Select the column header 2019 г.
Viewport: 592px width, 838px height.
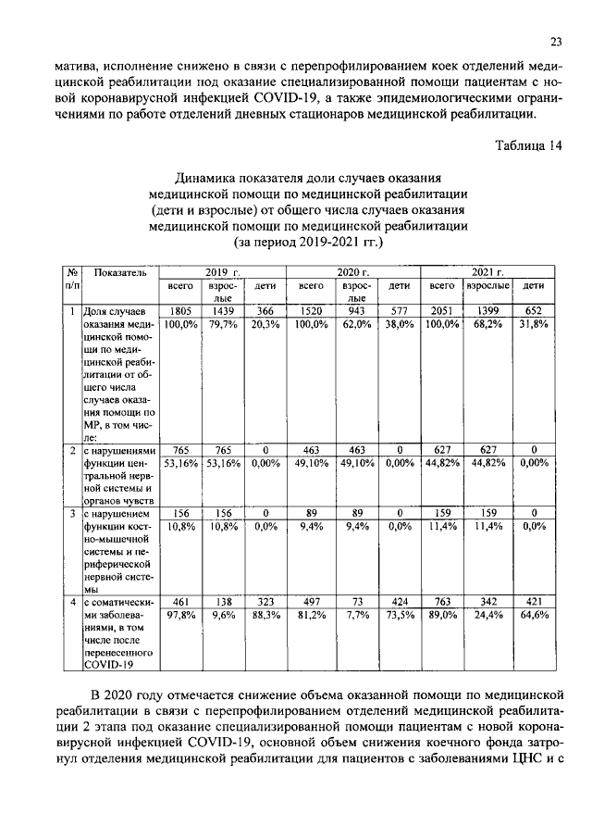click(222, 272)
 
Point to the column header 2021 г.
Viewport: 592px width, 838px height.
click(487, 272)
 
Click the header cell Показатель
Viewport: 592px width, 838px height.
click(121, 273)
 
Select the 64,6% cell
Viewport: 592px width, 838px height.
click(534, 613)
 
